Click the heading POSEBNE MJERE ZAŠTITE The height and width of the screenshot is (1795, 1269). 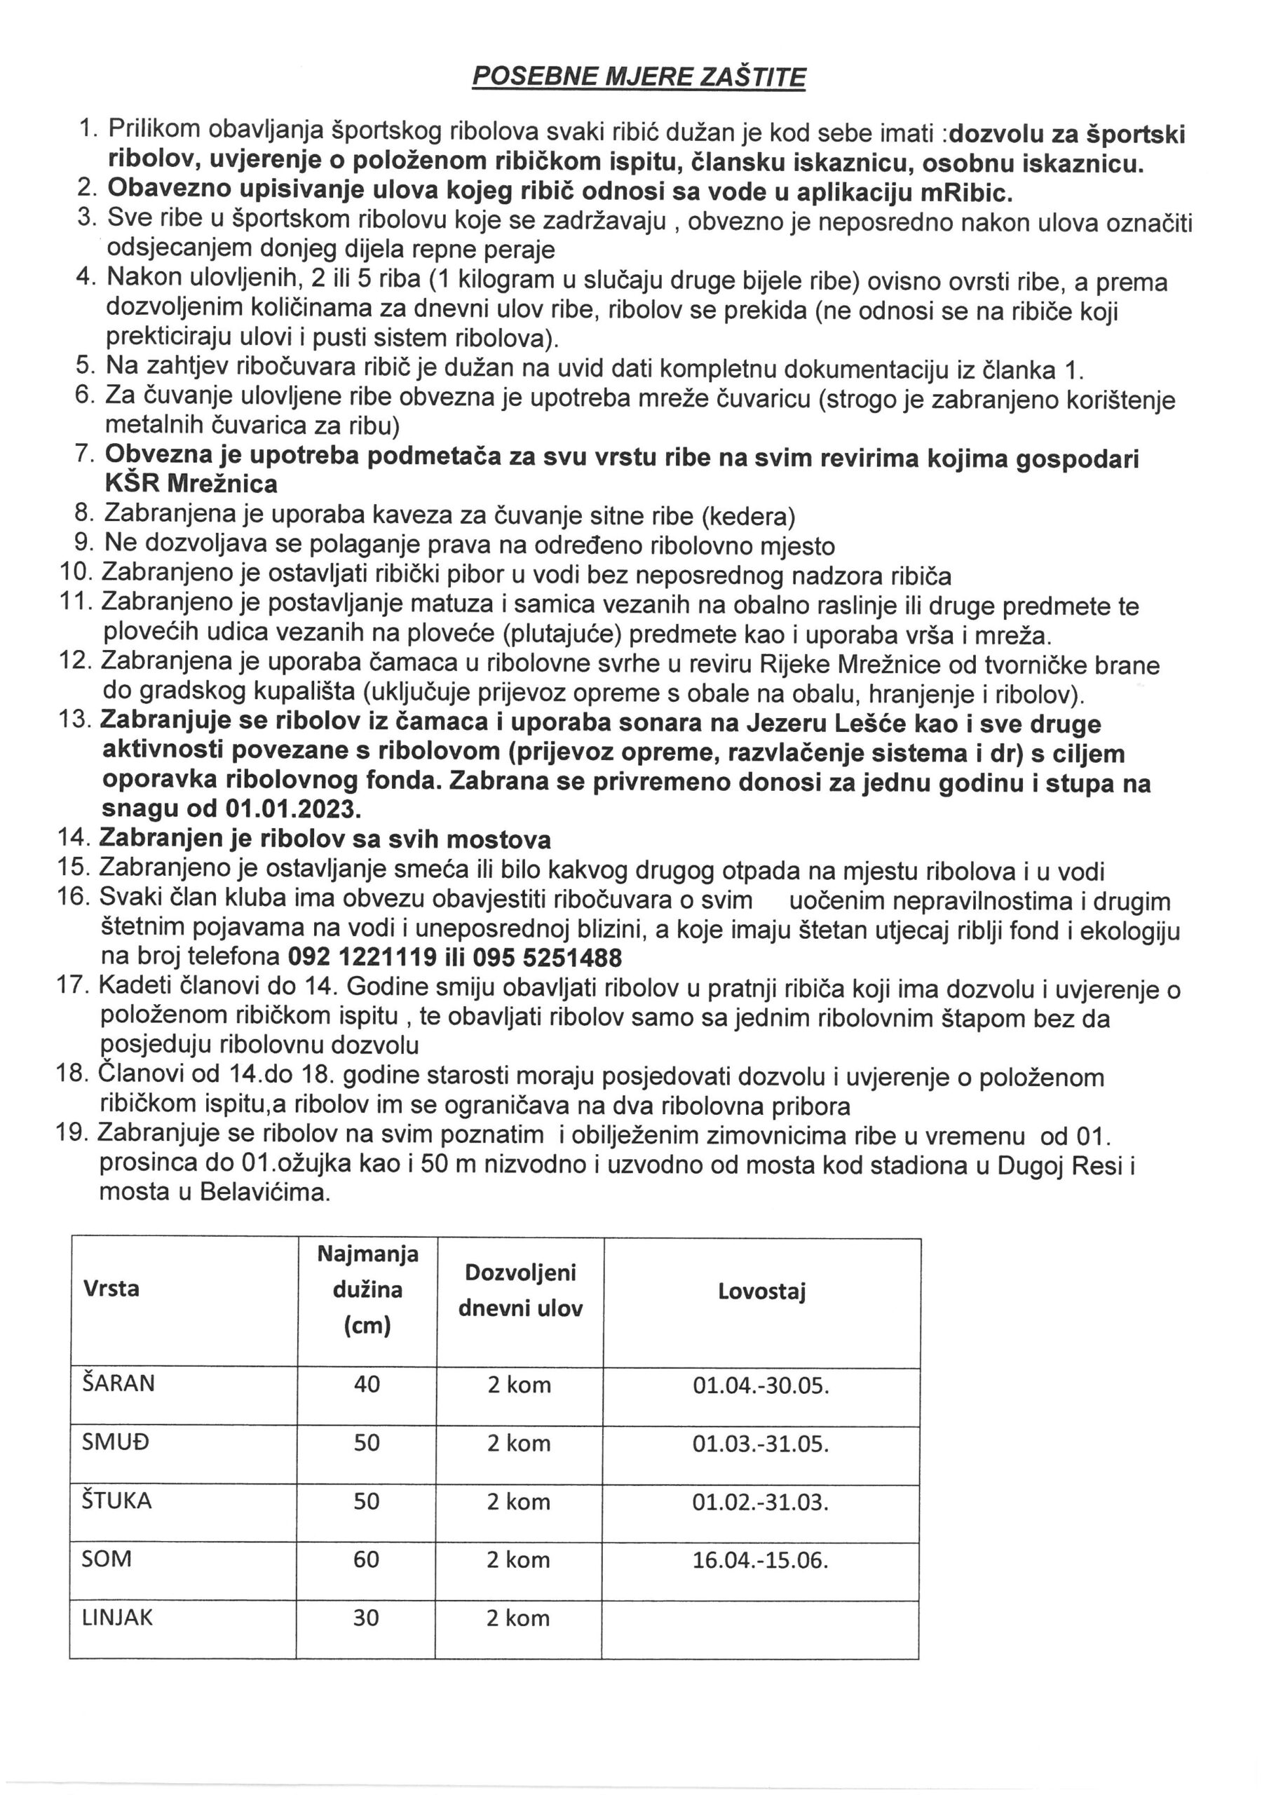tap(639, 76)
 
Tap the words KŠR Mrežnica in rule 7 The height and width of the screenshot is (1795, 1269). tap(191, 484)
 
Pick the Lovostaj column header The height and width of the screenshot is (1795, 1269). tap(761, 1291)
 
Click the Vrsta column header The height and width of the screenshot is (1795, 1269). tap(111, 1287)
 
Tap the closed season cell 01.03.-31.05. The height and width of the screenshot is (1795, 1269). tap(760, 1443)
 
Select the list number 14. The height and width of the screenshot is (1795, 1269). tap(74, 838)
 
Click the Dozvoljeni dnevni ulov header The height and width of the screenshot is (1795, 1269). tap(520, 1290)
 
